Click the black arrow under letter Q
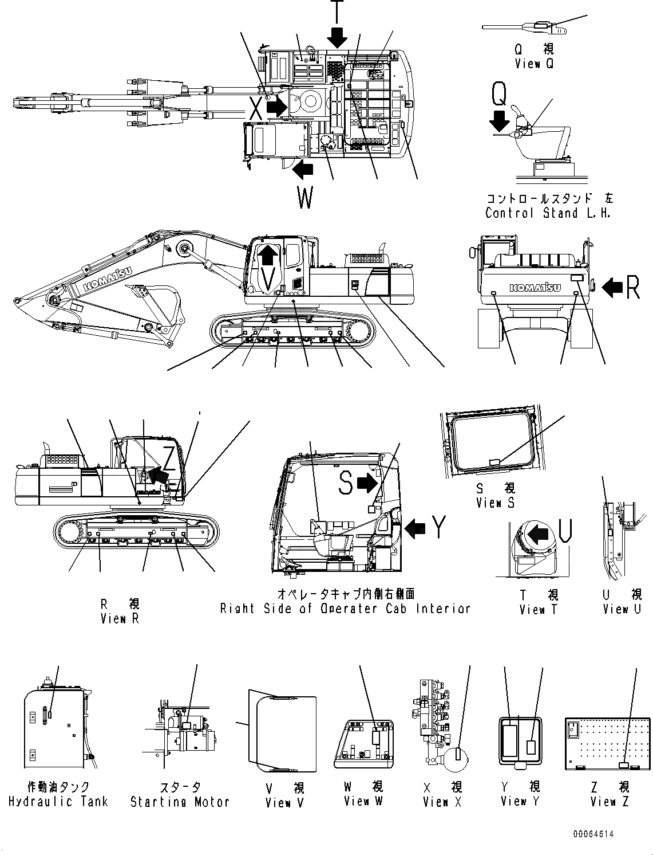pos(500,121)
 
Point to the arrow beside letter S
pos(367,484)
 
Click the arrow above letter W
pos(304,169)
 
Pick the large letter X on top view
pos(255,108)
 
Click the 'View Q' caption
pos(534,64)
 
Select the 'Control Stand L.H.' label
pos(548,213)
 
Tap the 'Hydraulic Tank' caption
pos(58,802)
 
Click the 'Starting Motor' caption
pos(180,802)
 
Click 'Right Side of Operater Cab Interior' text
pos(345,609)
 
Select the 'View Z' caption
pos(610,802)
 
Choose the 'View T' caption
pos(538,610)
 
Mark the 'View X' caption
pos(442,802)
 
